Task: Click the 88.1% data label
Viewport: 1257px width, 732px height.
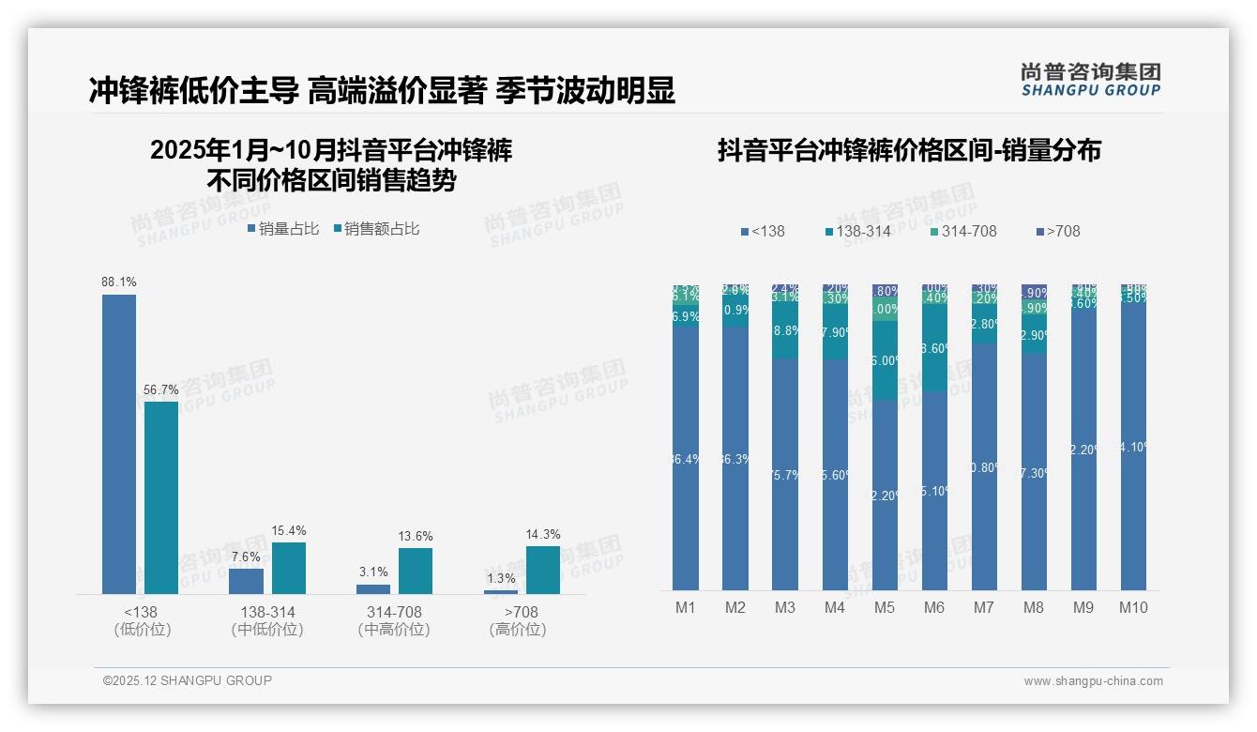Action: pyautogui.click(x=119, y=282)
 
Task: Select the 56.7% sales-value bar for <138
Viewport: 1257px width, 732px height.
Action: pyautogui.click(x=161, y=497)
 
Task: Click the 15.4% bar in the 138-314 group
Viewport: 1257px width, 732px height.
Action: pyautogui.click(x=289, y=568)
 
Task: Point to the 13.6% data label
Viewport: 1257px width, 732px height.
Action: pyautogui.click(x=416, y=536)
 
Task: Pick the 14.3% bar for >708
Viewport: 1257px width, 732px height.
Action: pyautogui.click(x=543, y=570)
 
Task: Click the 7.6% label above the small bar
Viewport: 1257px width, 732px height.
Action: pyautogui.click(x=246, y=557)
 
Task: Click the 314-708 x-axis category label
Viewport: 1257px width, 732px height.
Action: pyautogui.click(x=394, y=612)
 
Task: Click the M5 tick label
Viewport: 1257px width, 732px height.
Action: pyautogui.click(x=885, y=607)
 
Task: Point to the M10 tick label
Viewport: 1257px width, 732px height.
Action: pyautogui.click(x=1133, y=607)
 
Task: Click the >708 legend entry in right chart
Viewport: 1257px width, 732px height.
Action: pyautogui.click(x=1058, y=231)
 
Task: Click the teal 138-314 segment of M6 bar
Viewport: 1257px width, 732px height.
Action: pyautogui.click(x=934, y=348)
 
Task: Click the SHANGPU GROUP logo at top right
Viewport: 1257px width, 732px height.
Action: pyautogui.click(x=1090, y=79)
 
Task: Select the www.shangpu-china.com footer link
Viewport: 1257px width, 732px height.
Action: pyautogui.click(x=1093, y=681)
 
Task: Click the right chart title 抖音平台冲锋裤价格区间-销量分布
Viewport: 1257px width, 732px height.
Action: pyautogui.click(x=909, y=150)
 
